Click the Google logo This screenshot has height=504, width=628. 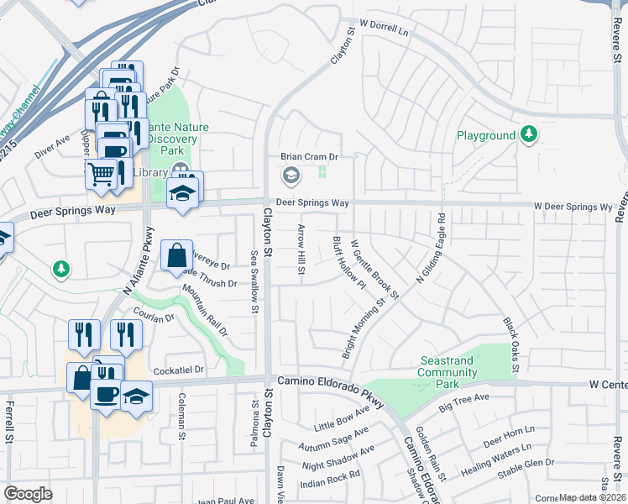[x=28, y=494]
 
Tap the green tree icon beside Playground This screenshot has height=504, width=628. [x=529, y=134]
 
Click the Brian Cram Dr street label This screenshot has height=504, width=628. [x=308, y=157]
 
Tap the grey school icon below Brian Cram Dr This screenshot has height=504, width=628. [x=291, y=176]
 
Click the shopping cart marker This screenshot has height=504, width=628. [x=101, y=174]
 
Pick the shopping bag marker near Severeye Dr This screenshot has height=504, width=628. [x=177, y=255]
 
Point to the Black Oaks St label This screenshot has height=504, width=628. [x=510, y=344]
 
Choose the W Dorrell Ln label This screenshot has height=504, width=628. [x=383, y=29]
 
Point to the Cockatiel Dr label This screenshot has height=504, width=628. [x=179, y=370]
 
